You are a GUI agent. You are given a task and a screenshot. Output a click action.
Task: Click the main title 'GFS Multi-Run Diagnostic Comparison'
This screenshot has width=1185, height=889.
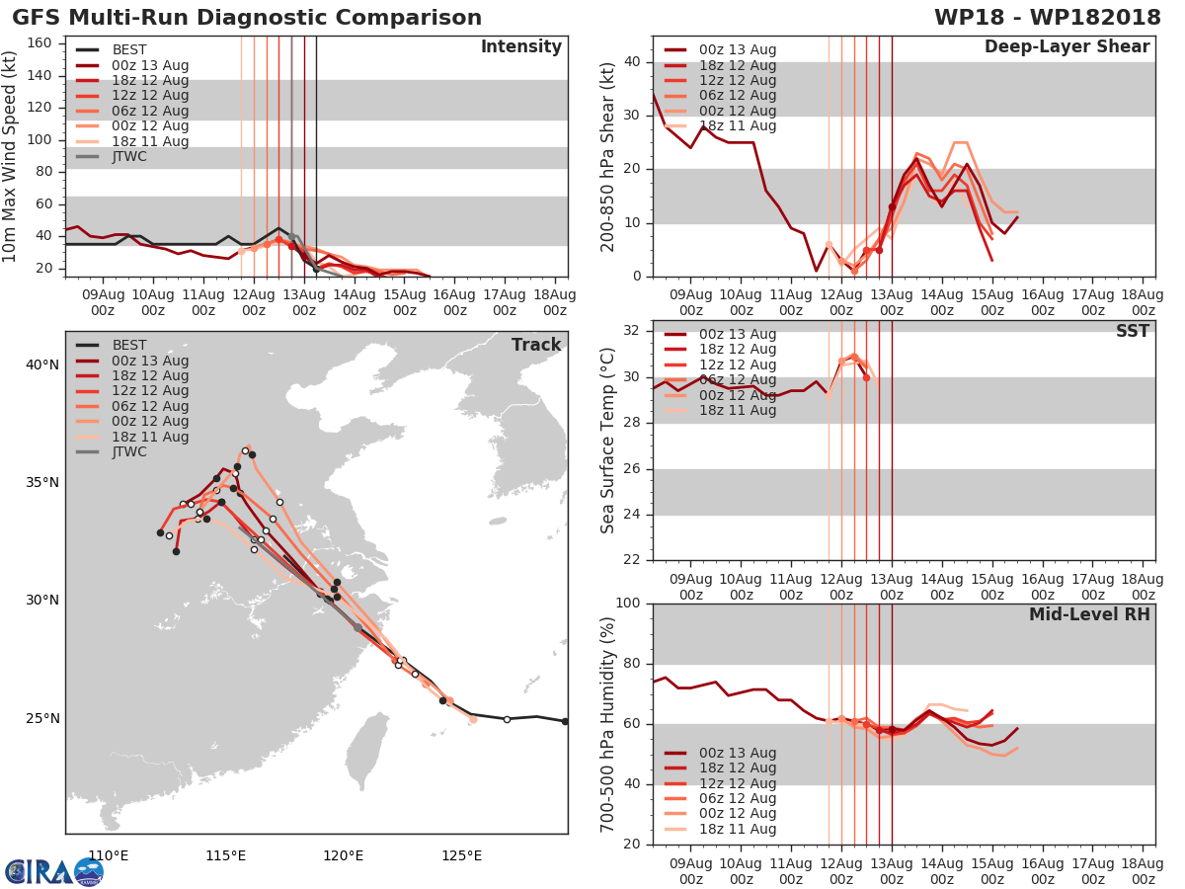(x=247, y=18)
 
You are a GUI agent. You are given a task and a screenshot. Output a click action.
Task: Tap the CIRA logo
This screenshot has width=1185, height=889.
(x=53, y=871)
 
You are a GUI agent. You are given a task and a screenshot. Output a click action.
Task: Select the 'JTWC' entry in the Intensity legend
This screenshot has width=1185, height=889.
(x=129, y=156)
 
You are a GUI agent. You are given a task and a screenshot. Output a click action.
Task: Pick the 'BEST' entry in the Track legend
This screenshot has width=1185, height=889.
(x=129, y=345)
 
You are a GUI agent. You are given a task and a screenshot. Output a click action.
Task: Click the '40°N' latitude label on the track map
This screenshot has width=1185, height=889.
(x=41, y=364)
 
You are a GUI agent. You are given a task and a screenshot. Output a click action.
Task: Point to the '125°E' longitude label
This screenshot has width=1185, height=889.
(x=461, y=855)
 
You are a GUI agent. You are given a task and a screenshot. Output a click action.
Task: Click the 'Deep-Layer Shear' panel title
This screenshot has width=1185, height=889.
(x=1066, y=47)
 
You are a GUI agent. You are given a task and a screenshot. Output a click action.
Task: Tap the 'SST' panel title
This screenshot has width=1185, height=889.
(x=1132, y=331)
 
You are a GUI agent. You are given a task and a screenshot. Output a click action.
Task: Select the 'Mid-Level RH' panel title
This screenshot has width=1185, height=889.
(x=1089, y=614)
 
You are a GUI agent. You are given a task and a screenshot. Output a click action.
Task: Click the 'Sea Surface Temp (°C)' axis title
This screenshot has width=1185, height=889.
(x=608, y=441)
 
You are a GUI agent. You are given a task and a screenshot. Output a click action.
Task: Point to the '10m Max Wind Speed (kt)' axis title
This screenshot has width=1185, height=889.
(x=10, y=156)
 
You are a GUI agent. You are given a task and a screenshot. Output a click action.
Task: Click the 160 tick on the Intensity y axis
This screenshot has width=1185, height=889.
(x=39, y=43)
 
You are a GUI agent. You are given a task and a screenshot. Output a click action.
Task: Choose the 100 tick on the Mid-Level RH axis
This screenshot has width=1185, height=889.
(x=628, y=604)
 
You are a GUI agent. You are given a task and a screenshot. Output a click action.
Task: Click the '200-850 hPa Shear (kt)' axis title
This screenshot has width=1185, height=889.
(x=608, y=156)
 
